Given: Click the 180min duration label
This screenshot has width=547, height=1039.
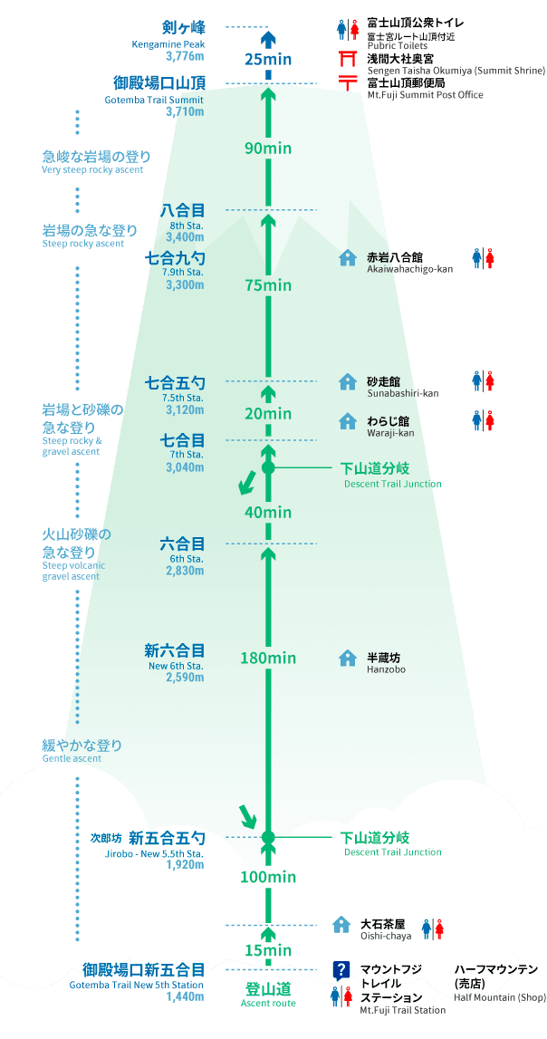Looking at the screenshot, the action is tap(267, 658).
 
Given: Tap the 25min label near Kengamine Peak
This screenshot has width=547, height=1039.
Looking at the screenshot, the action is tap(267, 60).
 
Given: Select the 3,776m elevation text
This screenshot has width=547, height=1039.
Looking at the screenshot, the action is tap(186, 55).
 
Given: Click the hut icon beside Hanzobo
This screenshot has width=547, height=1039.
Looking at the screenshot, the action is tap(347, 658).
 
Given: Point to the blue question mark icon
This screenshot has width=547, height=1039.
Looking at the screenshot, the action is tap(341, 971).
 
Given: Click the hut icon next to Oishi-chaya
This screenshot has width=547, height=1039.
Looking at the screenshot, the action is tap(341, 924).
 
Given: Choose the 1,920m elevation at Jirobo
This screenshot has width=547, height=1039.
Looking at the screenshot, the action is tap(186, 864).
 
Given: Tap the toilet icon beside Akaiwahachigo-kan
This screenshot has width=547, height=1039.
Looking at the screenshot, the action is tap(484, 258).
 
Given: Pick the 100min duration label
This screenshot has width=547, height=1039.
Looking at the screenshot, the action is tap(267, 877).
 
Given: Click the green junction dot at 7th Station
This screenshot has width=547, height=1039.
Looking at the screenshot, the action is tap(267, 467).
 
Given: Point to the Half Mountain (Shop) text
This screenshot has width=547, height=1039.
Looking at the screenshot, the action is tap(499, 997).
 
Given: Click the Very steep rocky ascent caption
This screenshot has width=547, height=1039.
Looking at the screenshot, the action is tap(92, 169).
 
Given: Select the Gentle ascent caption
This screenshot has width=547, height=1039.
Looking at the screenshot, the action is tap(72, 758).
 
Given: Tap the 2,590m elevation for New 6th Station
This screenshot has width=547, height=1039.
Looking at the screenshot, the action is tap(186, 678).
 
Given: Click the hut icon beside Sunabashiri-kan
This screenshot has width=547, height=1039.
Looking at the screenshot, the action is tap(347, 381).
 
